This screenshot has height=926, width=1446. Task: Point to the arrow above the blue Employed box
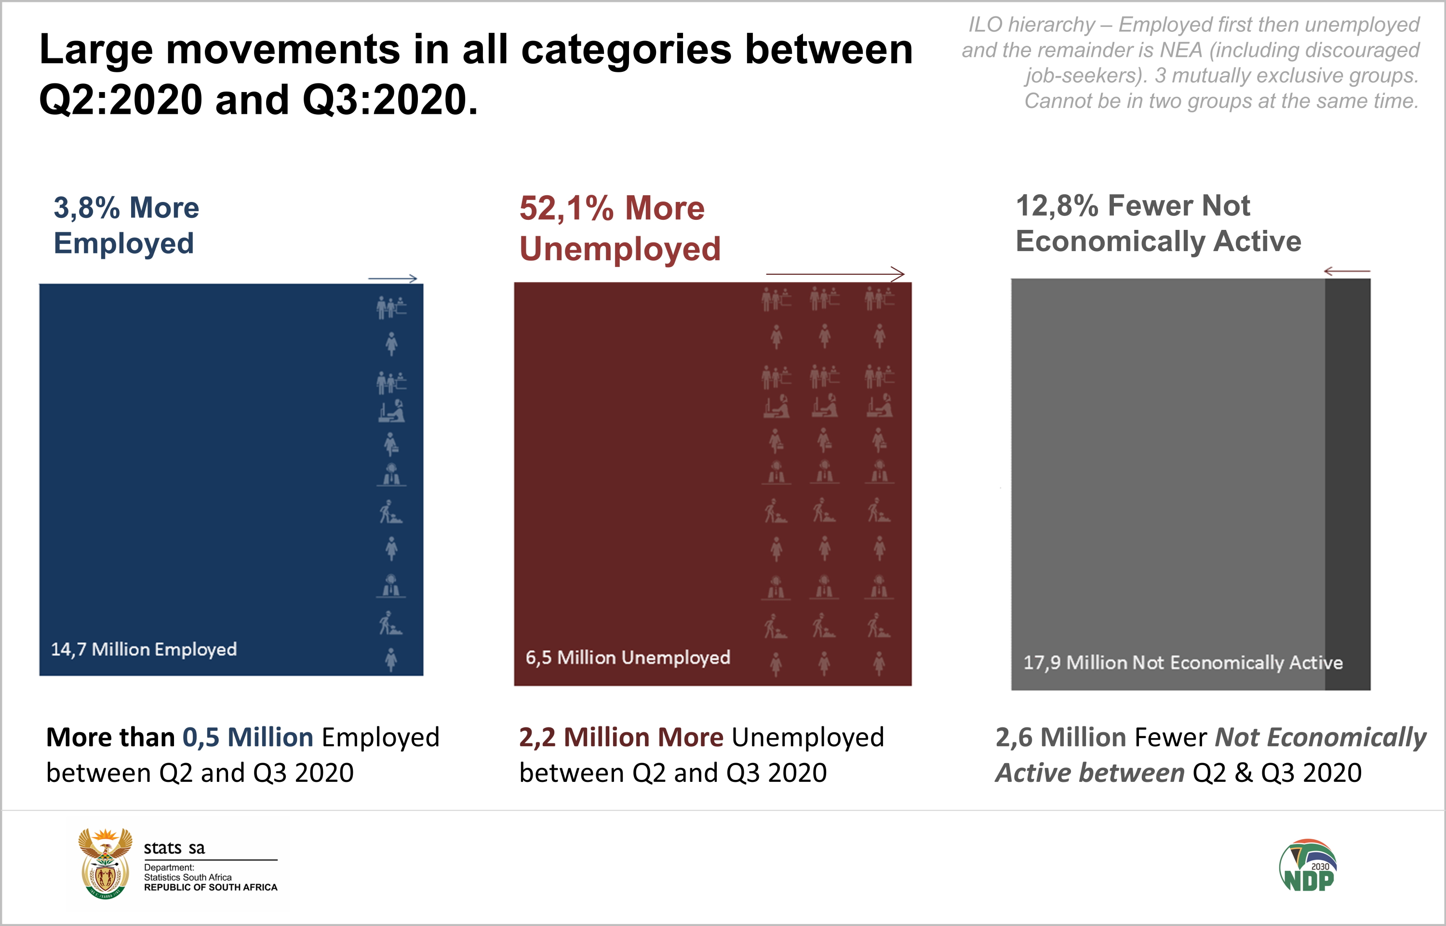click(393, 279)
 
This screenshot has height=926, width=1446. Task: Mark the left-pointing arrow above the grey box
click(1347, 272)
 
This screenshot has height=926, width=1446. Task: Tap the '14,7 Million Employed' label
click(144, 649)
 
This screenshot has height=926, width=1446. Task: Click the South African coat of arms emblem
click(105, 863)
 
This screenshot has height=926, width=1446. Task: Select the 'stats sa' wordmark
click(174, 848)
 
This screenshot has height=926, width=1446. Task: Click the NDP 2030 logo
click(1308, 866)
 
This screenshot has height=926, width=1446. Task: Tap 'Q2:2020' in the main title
click(120, 100)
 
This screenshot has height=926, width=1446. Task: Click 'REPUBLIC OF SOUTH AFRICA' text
click(211, 887)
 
